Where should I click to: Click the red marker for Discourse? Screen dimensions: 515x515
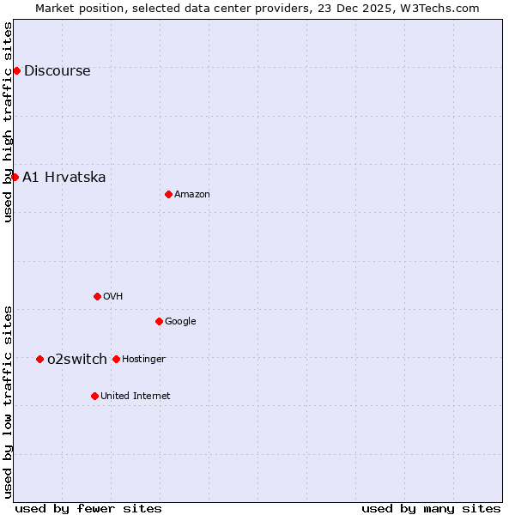point(16,70)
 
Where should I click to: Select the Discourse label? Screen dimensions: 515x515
point(57,71)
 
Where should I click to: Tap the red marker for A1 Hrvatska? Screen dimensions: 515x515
point(15,177)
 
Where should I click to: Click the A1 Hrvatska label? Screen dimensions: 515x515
point(64,178)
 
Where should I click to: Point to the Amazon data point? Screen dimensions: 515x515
point(168,194)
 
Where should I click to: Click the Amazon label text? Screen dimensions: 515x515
point(191,195)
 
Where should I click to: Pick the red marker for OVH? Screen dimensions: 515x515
point(97,296)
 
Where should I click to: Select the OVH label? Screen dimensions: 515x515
point(112,297)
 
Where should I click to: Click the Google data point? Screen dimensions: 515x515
point(159,321)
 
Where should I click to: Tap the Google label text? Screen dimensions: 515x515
point(180,322)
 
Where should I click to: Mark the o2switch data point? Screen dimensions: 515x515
point(39,359)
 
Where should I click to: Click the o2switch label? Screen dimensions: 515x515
point(77,360)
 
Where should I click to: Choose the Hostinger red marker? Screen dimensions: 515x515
point(116,359)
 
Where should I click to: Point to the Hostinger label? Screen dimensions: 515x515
point(143,360)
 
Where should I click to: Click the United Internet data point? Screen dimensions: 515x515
point(94,396)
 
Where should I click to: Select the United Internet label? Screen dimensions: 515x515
point(135,397)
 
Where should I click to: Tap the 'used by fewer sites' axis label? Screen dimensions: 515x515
point(88,508)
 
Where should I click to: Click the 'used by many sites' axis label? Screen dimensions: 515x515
point(431,508)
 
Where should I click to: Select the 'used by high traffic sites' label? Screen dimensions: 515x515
point(8,122)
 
